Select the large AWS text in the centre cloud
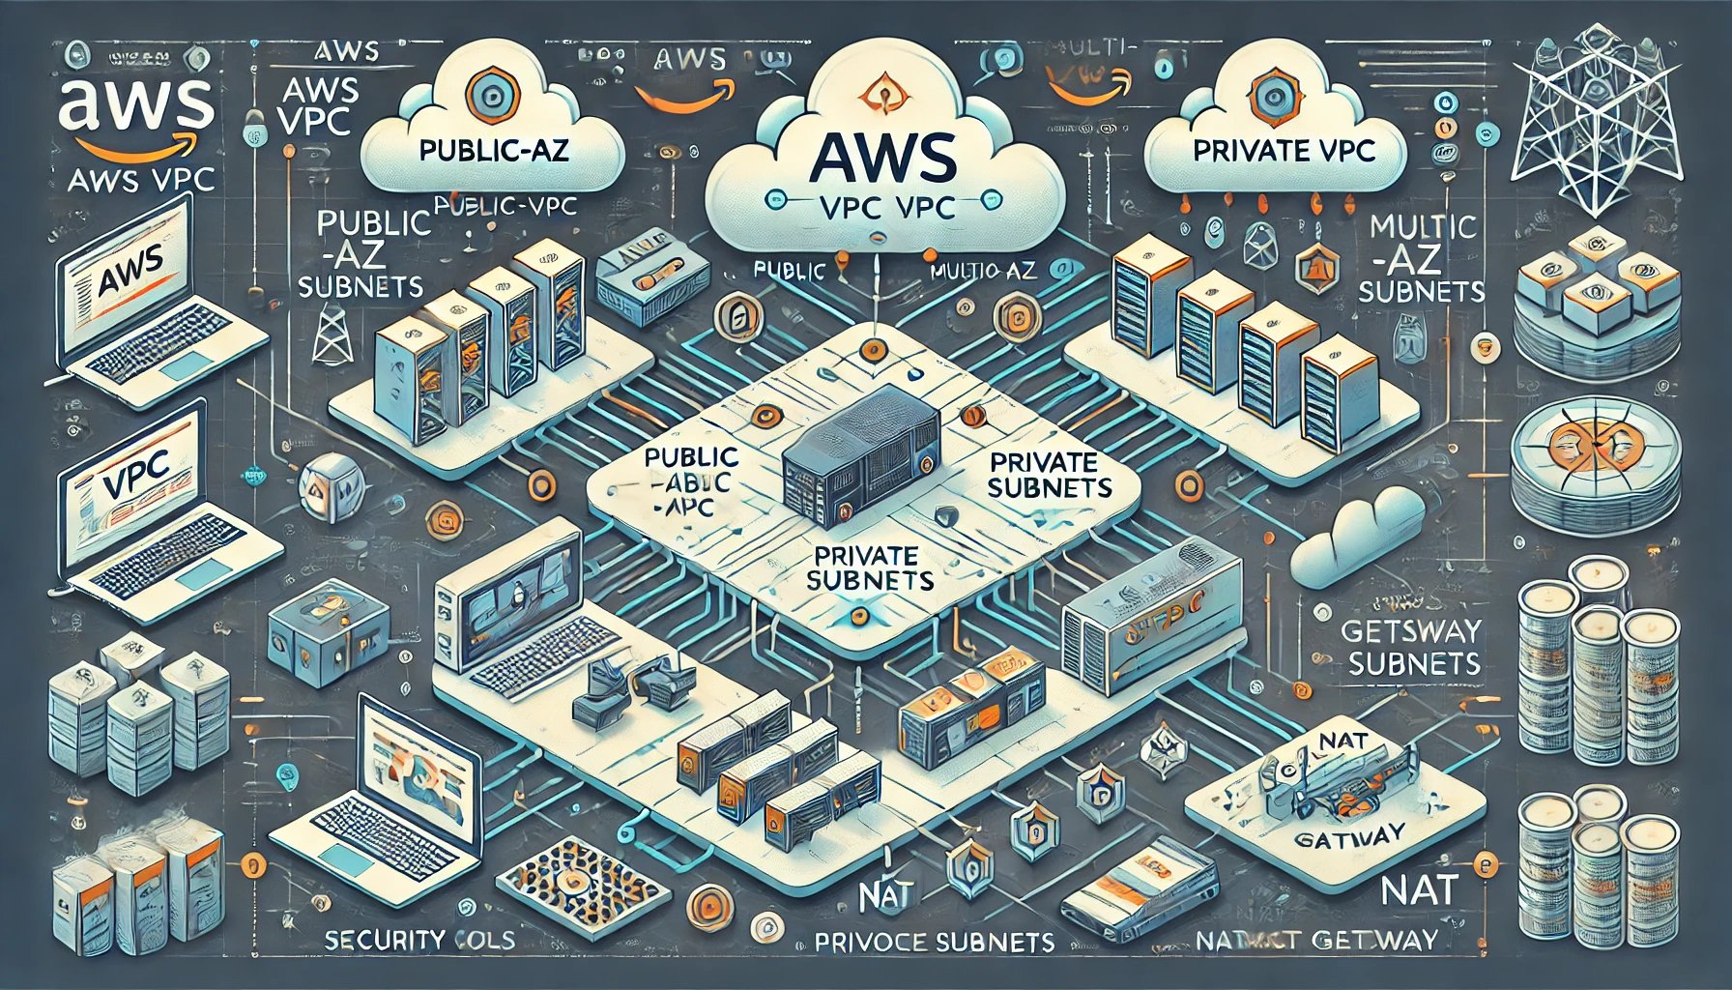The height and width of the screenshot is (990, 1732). click(884, 158)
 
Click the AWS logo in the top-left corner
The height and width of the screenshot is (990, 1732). click(135, 111)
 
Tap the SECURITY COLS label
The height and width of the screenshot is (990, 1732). click(419, 939)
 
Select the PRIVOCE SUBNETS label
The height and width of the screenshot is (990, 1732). click(934, 942)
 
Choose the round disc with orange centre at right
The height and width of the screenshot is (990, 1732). click(1585, 447)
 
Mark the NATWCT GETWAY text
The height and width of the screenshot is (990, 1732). click(1316, 940)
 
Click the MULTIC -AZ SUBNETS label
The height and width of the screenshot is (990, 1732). click(1421, 258)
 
